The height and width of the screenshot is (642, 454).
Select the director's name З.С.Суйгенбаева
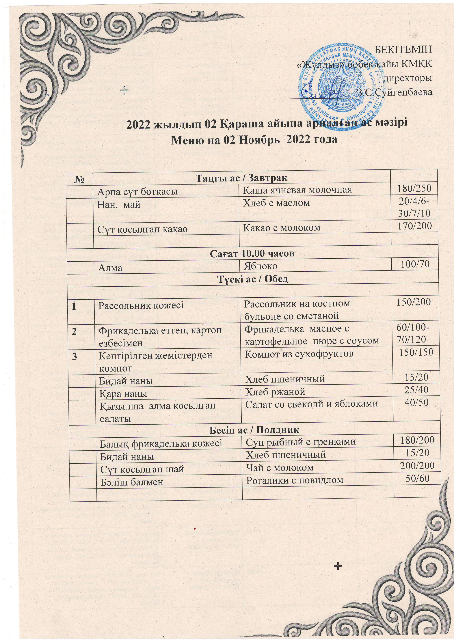pyautogui.click(x=395, y=92)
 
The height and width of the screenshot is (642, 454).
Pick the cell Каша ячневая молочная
pyautogui.click(x=297, y=190)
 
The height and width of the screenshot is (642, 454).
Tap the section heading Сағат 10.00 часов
pyautogui.click(x=252, y=254)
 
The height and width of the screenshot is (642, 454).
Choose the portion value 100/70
pyautogui.click(x=415, y=264)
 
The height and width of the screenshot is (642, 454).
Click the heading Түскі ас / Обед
pyautogui.click(x=253, y=279)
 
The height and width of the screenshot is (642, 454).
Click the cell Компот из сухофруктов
pyautogui.click(x=299, y=354)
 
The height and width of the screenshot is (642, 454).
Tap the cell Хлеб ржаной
pyautogui.click(x=275, y=392)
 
